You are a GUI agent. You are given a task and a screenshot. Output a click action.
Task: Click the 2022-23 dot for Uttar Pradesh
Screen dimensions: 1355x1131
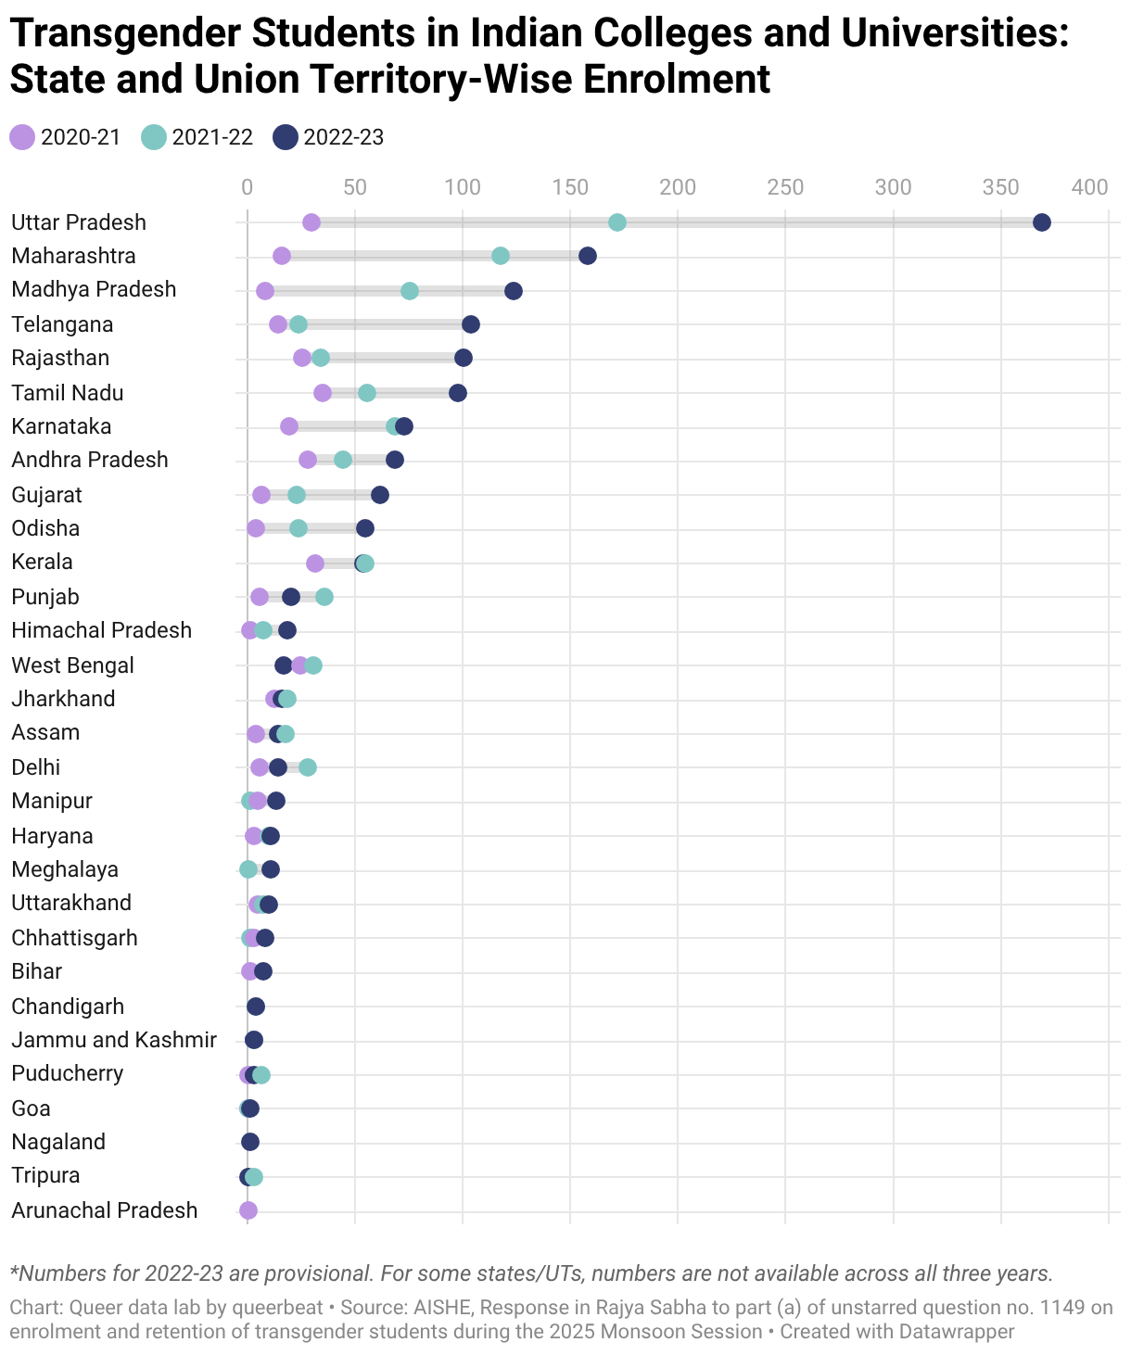(1041, 222)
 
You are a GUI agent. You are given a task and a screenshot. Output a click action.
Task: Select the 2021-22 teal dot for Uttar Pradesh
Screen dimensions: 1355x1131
(616, 222)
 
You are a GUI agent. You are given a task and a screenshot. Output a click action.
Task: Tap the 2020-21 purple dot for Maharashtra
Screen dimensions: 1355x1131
(282, 256)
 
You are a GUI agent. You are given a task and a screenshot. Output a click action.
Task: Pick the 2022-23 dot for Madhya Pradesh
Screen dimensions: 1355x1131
(513, 291)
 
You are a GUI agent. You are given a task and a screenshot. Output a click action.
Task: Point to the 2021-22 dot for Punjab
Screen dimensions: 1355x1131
(324, 597)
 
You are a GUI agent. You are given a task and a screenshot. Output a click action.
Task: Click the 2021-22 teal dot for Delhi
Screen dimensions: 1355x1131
(307, 767)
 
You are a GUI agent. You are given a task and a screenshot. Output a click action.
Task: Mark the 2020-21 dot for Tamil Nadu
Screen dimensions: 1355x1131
(322, 393)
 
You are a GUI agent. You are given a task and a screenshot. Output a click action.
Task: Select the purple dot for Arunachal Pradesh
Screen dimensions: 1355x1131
(248, 1210)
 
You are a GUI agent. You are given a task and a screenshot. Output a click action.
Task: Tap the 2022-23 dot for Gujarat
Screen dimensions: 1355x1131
(379, 495)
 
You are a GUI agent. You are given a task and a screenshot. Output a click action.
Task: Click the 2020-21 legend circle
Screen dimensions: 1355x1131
(22, 137)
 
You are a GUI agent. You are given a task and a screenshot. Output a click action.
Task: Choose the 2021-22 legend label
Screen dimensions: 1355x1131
(212, 137)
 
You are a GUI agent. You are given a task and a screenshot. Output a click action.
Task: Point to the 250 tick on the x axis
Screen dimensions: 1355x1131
(785, 187)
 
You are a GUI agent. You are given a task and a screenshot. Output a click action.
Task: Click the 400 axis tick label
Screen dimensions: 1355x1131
(1089, 187)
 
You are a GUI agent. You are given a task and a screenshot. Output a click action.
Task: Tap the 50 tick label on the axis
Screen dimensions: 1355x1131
(354, 187)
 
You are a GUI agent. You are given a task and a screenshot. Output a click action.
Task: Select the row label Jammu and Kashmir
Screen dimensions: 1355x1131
(114, 1040)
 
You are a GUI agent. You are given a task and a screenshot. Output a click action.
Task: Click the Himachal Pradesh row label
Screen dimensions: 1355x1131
(102, 630)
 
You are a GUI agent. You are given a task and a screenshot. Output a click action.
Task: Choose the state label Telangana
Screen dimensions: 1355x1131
(62, 324)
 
